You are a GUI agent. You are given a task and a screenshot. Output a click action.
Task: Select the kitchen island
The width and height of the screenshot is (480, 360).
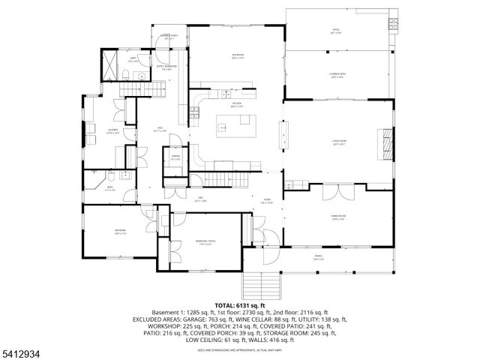tap(236, 127)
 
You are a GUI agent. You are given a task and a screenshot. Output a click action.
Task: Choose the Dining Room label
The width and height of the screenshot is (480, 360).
tap(337, 218)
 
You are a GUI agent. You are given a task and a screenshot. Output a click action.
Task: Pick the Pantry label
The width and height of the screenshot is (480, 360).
tap(175, 158)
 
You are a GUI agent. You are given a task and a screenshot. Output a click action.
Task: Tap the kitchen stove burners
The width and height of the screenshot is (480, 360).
tap(195, 112)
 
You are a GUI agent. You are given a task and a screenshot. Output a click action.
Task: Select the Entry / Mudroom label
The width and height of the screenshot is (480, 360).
tap(166, 69)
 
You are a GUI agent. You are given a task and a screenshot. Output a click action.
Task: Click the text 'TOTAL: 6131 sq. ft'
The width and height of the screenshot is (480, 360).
tap(239, 306)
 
